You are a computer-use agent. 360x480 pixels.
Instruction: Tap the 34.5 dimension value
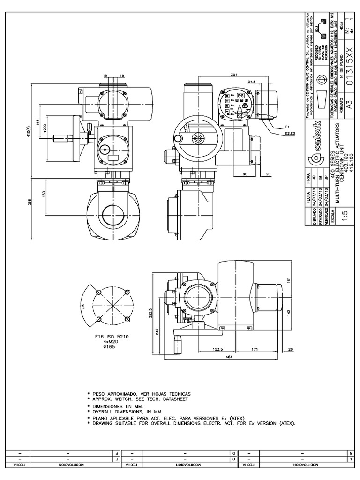point(251,82)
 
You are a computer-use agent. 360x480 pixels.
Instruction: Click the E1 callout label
point(286,127)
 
